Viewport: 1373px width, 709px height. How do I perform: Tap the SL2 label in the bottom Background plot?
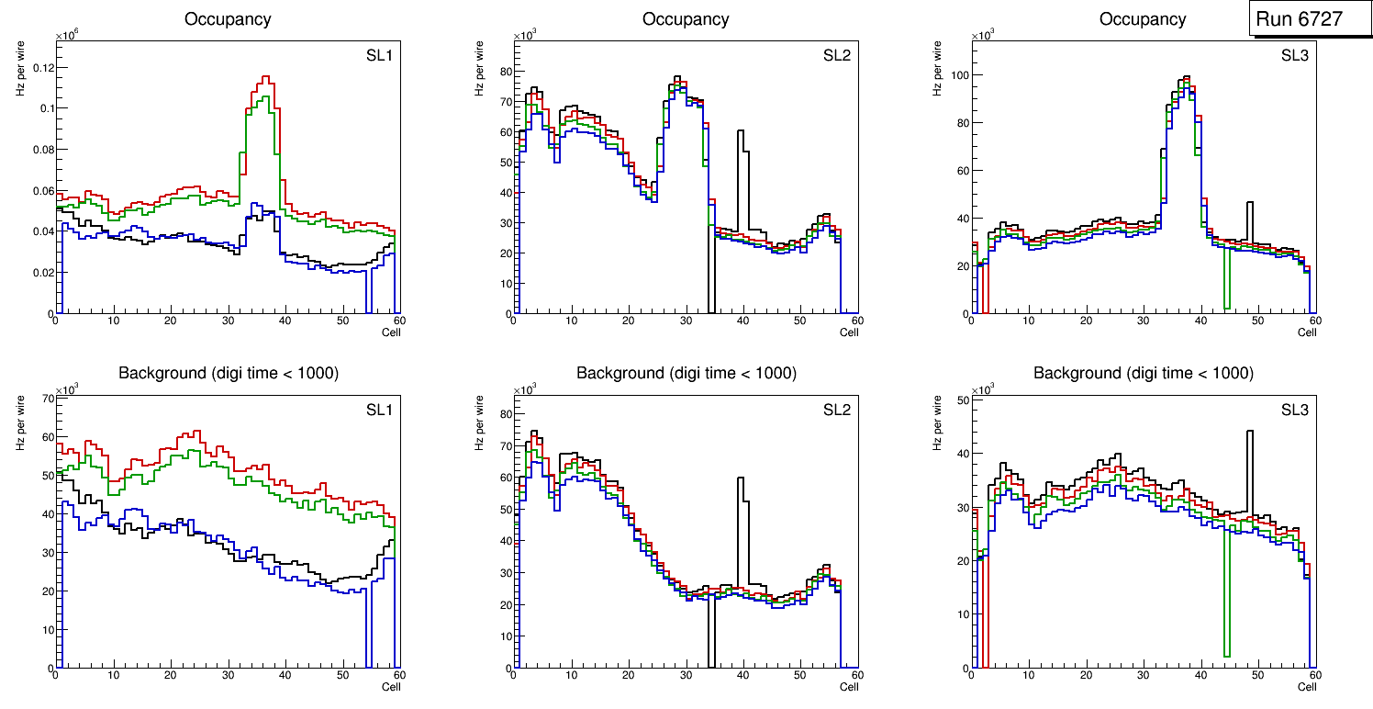click(836, 411)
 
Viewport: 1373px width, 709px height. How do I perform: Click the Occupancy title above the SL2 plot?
click(686, 18)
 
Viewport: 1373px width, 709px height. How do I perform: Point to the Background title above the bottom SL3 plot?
click(1143, 373)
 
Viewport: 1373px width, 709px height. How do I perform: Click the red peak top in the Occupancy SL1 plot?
click(265, 78)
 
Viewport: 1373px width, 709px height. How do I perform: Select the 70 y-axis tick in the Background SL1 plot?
click(46, 399)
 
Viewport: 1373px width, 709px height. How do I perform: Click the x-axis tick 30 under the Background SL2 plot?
click(686, 675)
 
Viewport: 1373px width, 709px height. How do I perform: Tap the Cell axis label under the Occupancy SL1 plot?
click(391, 332)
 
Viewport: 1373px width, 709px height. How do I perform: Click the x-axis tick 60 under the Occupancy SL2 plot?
click(856, 321)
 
